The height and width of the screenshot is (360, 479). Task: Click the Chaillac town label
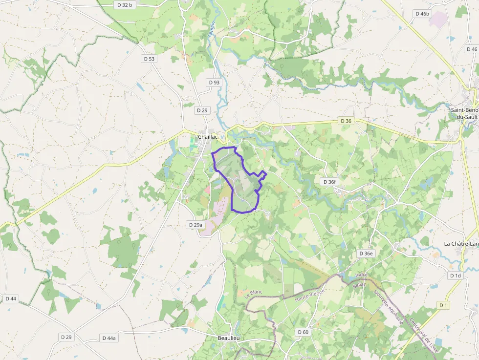click(208, 137)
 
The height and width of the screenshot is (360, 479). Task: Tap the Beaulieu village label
click(228, 338)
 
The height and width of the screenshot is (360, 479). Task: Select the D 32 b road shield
click(125, 5)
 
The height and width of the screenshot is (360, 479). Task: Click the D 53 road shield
click(149, 59)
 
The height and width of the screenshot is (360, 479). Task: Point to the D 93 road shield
click(214, 83)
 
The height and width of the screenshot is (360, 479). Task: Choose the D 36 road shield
click(346, 121)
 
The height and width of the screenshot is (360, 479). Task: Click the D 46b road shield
click(422, 14)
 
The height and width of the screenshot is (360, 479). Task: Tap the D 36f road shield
click(329, 182)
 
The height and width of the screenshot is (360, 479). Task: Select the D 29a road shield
click(195, 225)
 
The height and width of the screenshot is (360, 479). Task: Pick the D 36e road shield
click(366, 254)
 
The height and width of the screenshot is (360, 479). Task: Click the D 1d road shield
click(455, 275)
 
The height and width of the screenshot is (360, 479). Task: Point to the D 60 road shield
click(303, 332)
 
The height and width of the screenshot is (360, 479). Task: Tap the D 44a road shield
click(109, 338)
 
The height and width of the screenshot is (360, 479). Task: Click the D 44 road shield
click(11, 298)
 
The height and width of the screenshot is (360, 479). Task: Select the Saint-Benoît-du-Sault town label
click(465, 113)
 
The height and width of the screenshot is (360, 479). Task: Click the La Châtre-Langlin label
click(461, 244)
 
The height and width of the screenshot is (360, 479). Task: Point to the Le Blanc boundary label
click(254, 294)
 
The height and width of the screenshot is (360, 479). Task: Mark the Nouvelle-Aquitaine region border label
click(388, 308)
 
